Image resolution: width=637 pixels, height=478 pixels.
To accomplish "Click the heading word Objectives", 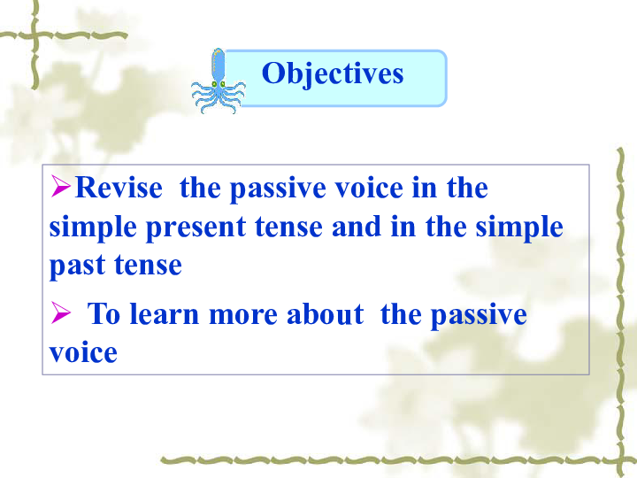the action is (333, 73).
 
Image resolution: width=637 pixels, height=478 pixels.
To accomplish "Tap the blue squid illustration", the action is (219, 81).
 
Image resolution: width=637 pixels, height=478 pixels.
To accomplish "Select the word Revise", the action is (119, 188).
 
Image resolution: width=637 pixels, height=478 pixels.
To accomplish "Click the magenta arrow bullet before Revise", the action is (60, 186).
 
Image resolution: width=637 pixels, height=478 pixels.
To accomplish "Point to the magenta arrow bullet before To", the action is (60, 312).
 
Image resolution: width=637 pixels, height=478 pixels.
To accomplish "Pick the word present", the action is (196, 228).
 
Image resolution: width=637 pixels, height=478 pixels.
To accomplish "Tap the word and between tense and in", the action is (357, 226).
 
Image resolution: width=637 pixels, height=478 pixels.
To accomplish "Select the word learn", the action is (164, 313).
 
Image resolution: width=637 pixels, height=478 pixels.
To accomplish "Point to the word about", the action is (325, 313).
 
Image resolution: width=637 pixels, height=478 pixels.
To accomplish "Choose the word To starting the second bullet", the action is (104, 313).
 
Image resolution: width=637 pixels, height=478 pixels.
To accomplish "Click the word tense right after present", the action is (288, 227).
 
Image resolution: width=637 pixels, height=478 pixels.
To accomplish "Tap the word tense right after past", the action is (148, 266).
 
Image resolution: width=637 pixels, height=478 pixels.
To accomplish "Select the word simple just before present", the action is (93, 228).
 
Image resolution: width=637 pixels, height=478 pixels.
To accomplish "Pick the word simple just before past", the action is (519, 228).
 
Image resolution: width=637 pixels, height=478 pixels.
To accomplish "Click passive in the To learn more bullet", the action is (479, 316).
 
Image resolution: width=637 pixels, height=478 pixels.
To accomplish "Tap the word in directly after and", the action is (403, 226).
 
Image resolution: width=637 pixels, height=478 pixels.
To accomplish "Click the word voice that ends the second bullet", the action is (83, 352).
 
